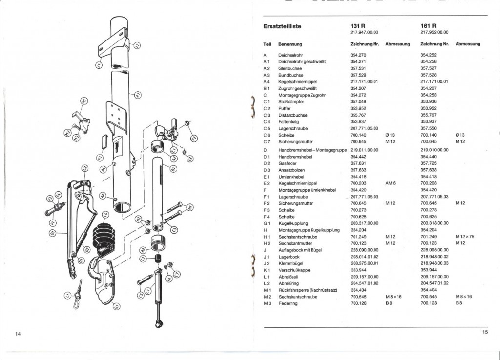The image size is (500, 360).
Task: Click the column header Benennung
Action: [290, 44]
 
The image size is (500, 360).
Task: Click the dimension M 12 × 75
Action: [464, 237]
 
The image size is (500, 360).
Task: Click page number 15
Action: [485, 332]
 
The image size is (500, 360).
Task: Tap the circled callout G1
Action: [116, 306]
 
